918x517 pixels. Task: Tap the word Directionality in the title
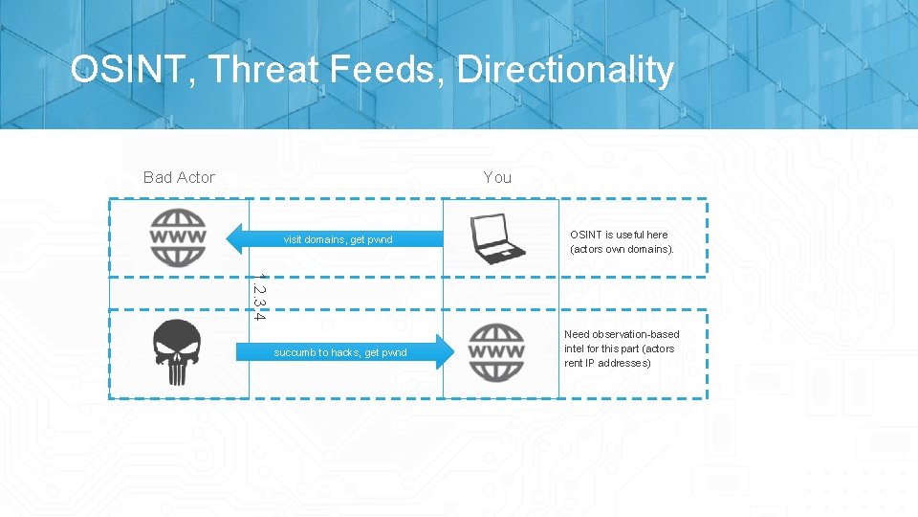[x=565, y=70]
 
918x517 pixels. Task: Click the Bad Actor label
[x=179, y=177]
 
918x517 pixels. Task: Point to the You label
[x=497, y=177]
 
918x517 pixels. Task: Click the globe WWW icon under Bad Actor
[x=178, y=237]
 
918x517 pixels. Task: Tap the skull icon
[x=178, y=352]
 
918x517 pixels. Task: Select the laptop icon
[x=498, y=238]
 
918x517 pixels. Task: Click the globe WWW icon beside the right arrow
[x=496, y=352]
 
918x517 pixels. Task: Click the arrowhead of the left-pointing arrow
[x=236, y=238]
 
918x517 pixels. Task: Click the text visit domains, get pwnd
[x=338, y=239]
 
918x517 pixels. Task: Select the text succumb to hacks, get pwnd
[x=340, y=352]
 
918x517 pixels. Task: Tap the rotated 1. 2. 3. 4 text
[x=259, y=297]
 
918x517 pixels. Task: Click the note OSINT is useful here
[x=619, y=235]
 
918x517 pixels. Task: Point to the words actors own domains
[x=622, y=249]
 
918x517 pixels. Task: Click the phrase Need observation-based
[x=622, y=334]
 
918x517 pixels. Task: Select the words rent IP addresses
[x=607, y=363]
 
